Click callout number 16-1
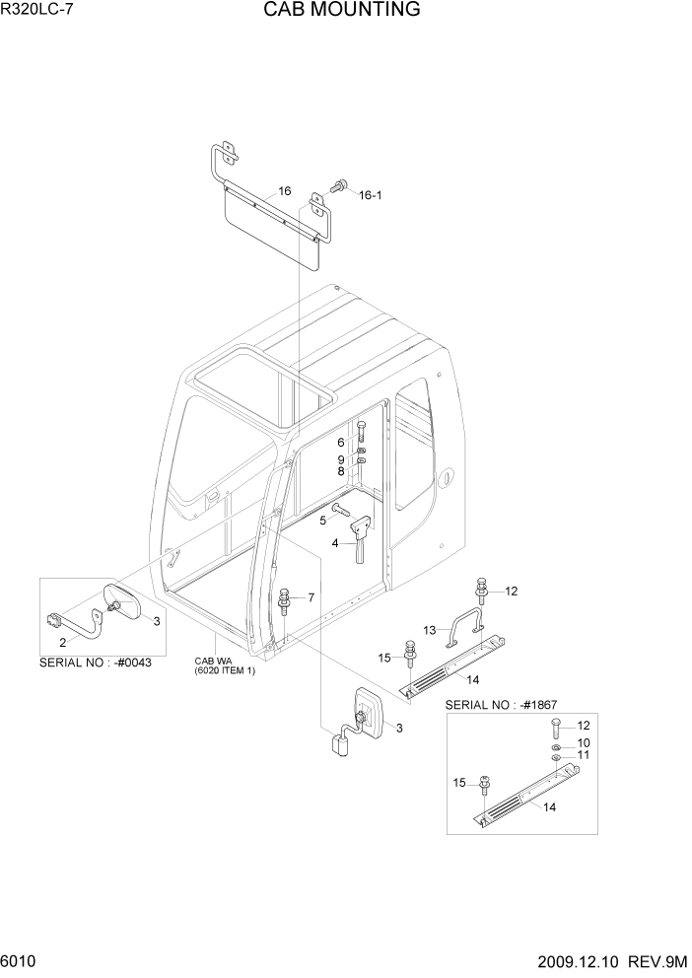pos(370,195)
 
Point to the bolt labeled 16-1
pos(341,184)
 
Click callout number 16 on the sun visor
pos(284,191)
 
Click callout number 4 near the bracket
pos(335,543)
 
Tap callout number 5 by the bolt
pos(321,520)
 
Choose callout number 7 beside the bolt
pos(311,597)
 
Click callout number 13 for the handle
pos(430,630)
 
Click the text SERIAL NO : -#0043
pos(96,664)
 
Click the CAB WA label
pos(210,662)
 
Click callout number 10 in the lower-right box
pos(583,742)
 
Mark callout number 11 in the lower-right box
pos(583,755)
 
